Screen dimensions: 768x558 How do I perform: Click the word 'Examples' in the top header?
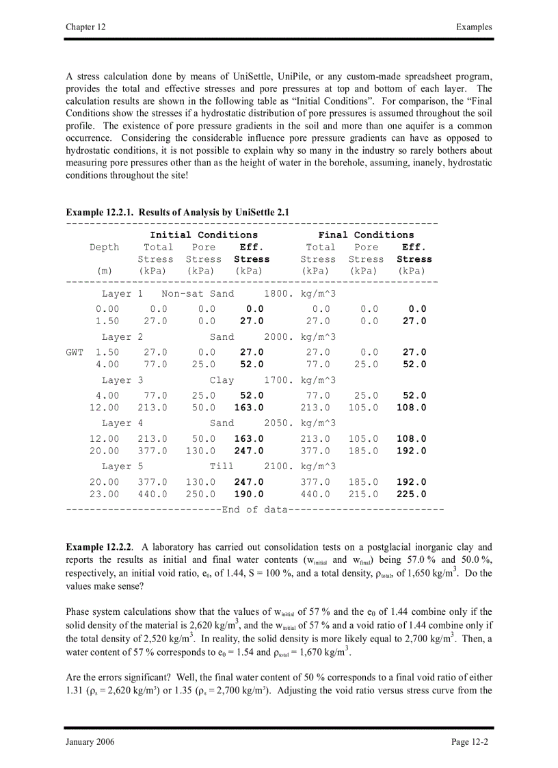[474, 27]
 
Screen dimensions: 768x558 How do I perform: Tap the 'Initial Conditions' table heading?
[204, 235]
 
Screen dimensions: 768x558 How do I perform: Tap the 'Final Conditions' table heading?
[366, 235]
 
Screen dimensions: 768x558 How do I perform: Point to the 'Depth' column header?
[104, 247]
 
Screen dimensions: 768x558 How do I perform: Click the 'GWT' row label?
[75, 352]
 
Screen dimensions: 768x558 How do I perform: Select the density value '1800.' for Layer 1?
[279, 293]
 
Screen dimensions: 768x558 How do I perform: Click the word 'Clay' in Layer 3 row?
[222, 380]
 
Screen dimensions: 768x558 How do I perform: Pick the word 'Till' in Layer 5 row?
[222, 466]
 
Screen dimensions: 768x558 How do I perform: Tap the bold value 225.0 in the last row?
[411, 494]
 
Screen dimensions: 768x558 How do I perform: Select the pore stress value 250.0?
[200, 494]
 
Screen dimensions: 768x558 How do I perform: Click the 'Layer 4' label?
[122, 423]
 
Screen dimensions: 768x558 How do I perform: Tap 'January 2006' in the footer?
[90, 742]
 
